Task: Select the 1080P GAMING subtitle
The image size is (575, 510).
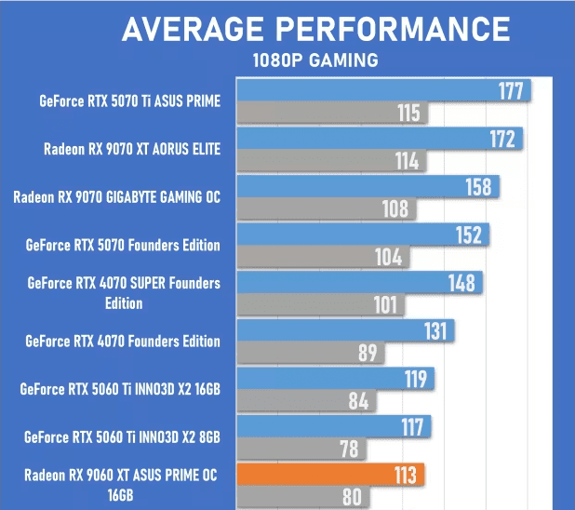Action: (x=315, y=61)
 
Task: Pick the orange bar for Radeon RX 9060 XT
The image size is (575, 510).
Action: (x=331, y=475)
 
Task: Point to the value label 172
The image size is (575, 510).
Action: (x=501, y=140)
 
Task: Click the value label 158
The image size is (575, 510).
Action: (x=478, y=187)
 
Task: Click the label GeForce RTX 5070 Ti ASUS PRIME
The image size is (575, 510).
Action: (x=129, y=101)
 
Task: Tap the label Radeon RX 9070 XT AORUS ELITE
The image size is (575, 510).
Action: (x=131, y=149)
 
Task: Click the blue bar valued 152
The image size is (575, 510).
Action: (x=363, y=235)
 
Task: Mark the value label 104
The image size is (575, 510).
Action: (x=389, y=258)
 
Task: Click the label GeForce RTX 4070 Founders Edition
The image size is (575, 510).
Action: (x=124, y=342)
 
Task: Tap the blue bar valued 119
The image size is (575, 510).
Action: (x=335, y=379)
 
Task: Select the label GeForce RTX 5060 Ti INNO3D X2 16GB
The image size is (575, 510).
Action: (x=120, y=389)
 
